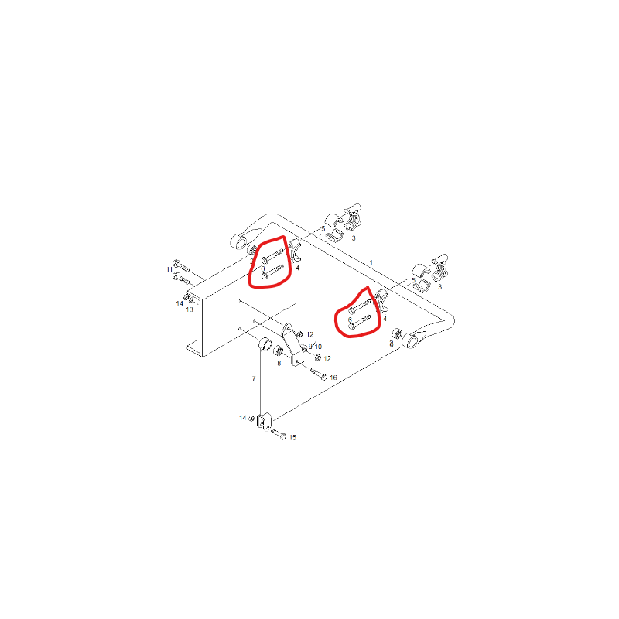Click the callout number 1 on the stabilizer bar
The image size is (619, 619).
pyautogui.click(x=371, y=262)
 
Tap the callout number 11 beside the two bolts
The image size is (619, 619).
pyautogui.click(x=169, y=269)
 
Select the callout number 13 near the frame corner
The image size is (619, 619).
pyautogui.click(x=190, y=309)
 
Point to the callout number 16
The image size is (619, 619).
pyautogui.click(x=333, y=378)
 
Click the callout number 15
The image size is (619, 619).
pyautogui.click(x=292, y=437)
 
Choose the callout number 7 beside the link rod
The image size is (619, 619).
pyautogui.click(x=254, y=378)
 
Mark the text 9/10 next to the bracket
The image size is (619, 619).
pyautogui.click(x=315, y=346)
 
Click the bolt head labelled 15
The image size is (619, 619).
pyautogui.click(x=282, y=436)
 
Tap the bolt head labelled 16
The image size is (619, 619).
pyautogui.click(x=324, y=378)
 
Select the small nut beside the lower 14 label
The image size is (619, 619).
pyautogui.click(x=251, y=418)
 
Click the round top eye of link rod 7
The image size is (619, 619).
pyautogui.click(x=265, y=344)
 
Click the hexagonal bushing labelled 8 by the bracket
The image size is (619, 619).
pyautogui.click(x=279, y=351)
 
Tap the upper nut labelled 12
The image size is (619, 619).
pyautogui.click(x=299, y=334)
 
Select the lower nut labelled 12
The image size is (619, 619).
pyautogui.click(x=317, y=357)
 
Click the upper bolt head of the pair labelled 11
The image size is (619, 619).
pyautogui.click(x=176, y=263)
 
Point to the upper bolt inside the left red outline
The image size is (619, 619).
pyautogui.click(x=272, y=255)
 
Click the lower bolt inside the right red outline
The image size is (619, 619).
pyautogui.click(x=360, y=322)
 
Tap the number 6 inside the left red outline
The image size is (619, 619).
pyautogui.click(x=263, y=268)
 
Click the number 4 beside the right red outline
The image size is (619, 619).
pyautogui.click(x=385, y=319)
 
